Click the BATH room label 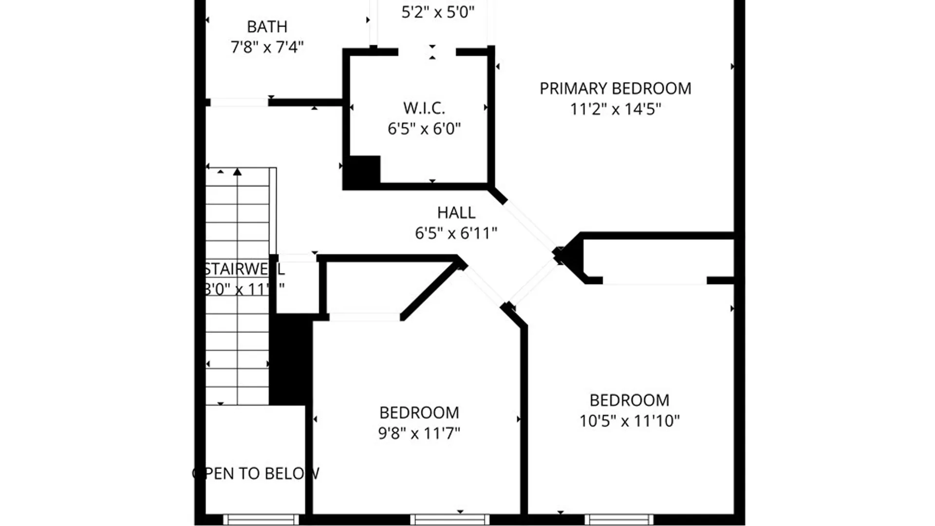click(267, 27)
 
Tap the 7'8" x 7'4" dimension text click(267, 47)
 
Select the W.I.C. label click(424, 108)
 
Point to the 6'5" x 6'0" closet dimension click(424, 129)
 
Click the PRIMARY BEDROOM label click(615, 89)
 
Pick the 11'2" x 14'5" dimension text click(615, 109)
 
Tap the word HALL click(456, 213)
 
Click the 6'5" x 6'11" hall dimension click(456, 233)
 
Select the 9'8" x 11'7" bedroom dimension click(419, 433)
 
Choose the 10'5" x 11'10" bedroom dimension click(629, 420)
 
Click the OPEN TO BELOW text click(256, 473)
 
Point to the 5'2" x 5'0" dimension click(437, 12)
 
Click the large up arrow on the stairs click(237, 172)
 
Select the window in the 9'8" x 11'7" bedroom click(449, 520)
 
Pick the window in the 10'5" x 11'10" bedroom click(619, 520)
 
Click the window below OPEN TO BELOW click(261, 520)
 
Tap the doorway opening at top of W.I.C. click(427, 52)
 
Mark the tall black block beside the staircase click(290, 360)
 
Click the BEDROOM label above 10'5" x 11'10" click(629, 400)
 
